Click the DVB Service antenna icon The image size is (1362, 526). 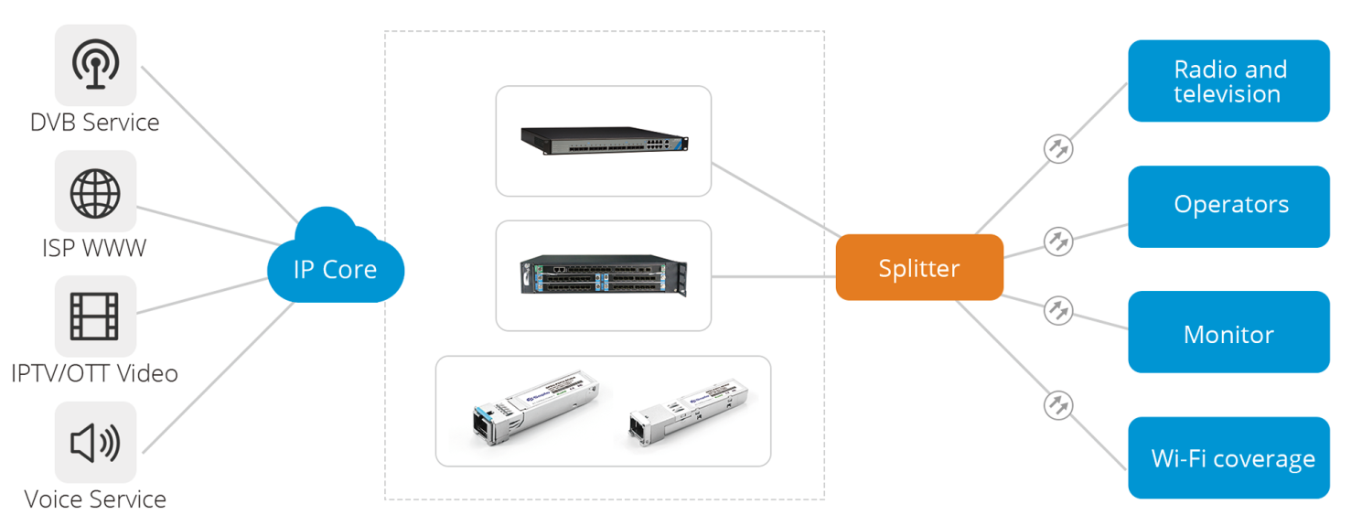point(95,65)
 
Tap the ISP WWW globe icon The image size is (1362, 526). point(95,191)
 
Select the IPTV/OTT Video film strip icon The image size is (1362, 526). point(95,317)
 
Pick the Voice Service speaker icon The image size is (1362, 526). point(95,443)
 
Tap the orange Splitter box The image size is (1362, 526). point(919,268)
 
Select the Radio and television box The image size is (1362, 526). point(1228,81)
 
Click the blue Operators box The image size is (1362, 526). point(1228,206)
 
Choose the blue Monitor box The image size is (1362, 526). point(1228,333)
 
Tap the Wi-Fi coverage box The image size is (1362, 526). point(1228,458)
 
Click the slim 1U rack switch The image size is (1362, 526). point(605,139)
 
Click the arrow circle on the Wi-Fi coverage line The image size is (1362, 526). point(1058,405)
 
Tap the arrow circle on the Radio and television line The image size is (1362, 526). point(1058,148)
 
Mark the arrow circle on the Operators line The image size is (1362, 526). point(1058,242)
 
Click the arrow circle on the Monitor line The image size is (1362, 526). point(1058,309)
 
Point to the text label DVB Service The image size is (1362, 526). point(95,123)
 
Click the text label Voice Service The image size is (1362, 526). point(95,499)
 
